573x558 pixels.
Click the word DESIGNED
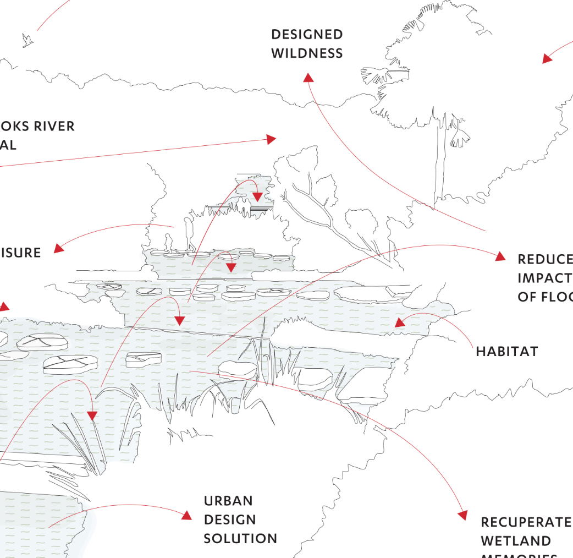(307, 35)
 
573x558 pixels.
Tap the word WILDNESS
(307, 53)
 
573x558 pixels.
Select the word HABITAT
(506, 351)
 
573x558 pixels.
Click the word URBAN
(228, 501)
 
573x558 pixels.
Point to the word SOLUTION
(240, 538)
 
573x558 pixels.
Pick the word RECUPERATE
(526, 522)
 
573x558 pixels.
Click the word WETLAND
(515, 541)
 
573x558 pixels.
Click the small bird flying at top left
(27, 40)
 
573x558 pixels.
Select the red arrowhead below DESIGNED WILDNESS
(308, 78)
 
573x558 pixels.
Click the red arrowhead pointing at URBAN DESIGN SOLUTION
(186, 515)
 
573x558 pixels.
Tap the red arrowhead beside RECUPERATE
(462, 515)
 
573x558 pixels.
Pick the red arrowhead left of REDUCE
(500, 256)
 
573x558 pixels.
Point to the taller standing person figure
(189, 233)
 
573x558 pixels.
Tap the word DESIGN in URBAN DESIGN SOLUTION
(230, 519)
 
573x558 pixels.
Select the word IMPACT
(544, 277)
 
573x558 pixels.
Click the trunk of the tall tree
(439, 165)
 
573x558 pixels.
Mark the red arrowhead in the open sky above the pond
(271, 139)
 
